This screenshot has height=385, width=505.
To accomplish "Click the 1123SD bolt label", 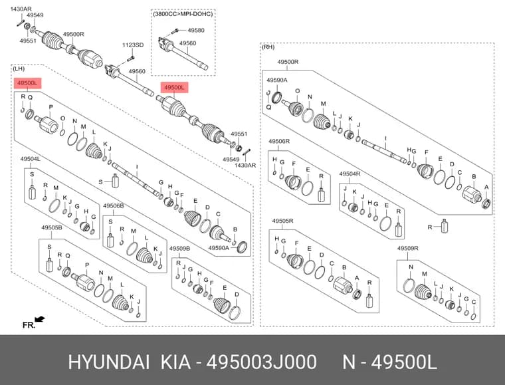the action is [133, 45].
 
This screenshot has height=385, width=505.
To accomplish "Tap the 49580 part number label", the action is [196, 31].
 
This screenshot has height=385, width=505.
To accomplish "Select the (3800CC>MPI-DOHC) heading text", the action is [183, 14].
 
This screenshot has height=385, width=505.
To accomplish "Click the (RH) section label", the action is [268, 47].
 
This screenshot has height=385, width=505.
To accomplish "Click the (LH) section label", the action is [19, 68].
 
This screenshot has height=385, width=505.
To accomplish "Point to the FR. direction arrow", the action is [40, 319].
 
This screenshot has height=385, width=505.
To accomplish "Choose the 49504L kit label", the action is [31, 159].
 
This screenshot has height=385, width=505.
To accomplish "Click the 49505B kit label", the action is [52, 227].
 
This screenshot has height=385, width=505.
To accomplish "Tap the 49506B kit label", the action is [114, 205].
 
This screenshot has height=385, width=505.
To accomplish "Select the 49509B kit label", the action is [179, 249].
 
